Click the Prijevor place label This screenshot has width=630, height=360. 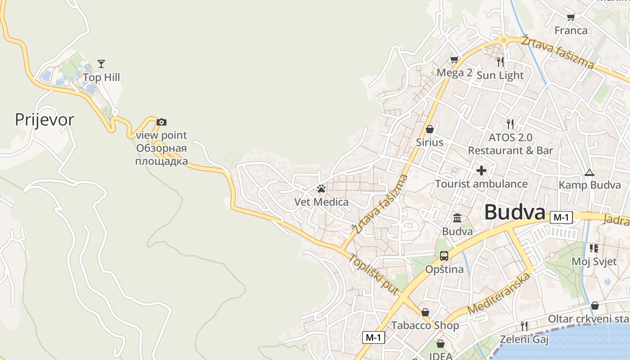coord(45,120)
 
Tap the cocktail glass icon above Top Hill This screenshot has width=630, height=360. coord(101,64)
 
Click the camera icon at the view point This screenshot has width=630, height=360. coord(162,122)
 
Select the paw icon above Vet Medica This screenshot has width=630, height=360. coord(321,189)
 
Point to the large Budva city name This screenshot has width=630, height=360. coord(515,212)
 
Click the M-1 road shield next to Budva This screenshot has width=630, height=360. coord(561,217)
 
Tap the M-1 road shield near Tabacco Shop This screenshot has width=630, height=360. coord(373,337)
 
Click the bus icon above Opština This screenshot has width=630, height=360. coord(444,256)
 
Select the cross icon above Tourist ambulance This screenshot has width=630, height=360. coord(481,171)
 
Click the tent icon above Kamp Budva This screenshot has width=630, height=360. coord(589,172)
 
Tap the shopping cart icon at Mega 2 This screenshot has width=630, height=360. coord(454,60)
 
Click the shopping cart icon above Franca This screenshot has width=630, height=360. coord(571,17)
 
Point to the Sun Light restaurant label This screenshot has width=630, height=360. coord(500,75)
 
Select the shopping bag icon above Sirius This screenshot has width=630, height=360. coord(430,129)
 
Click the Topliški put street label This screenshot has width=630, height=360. coord(373,274)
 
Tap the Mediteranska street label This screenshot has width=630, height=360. coord(499,292)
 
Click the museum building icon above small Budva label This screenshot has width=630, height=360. coord(457,218)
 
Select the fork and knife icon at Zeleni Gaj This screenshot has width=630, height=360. coord(524,326)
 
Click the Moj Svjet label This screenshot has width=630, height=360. coord(594,261)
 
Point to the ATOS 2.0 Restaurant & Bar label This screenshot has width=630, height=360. coord(510,144)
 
